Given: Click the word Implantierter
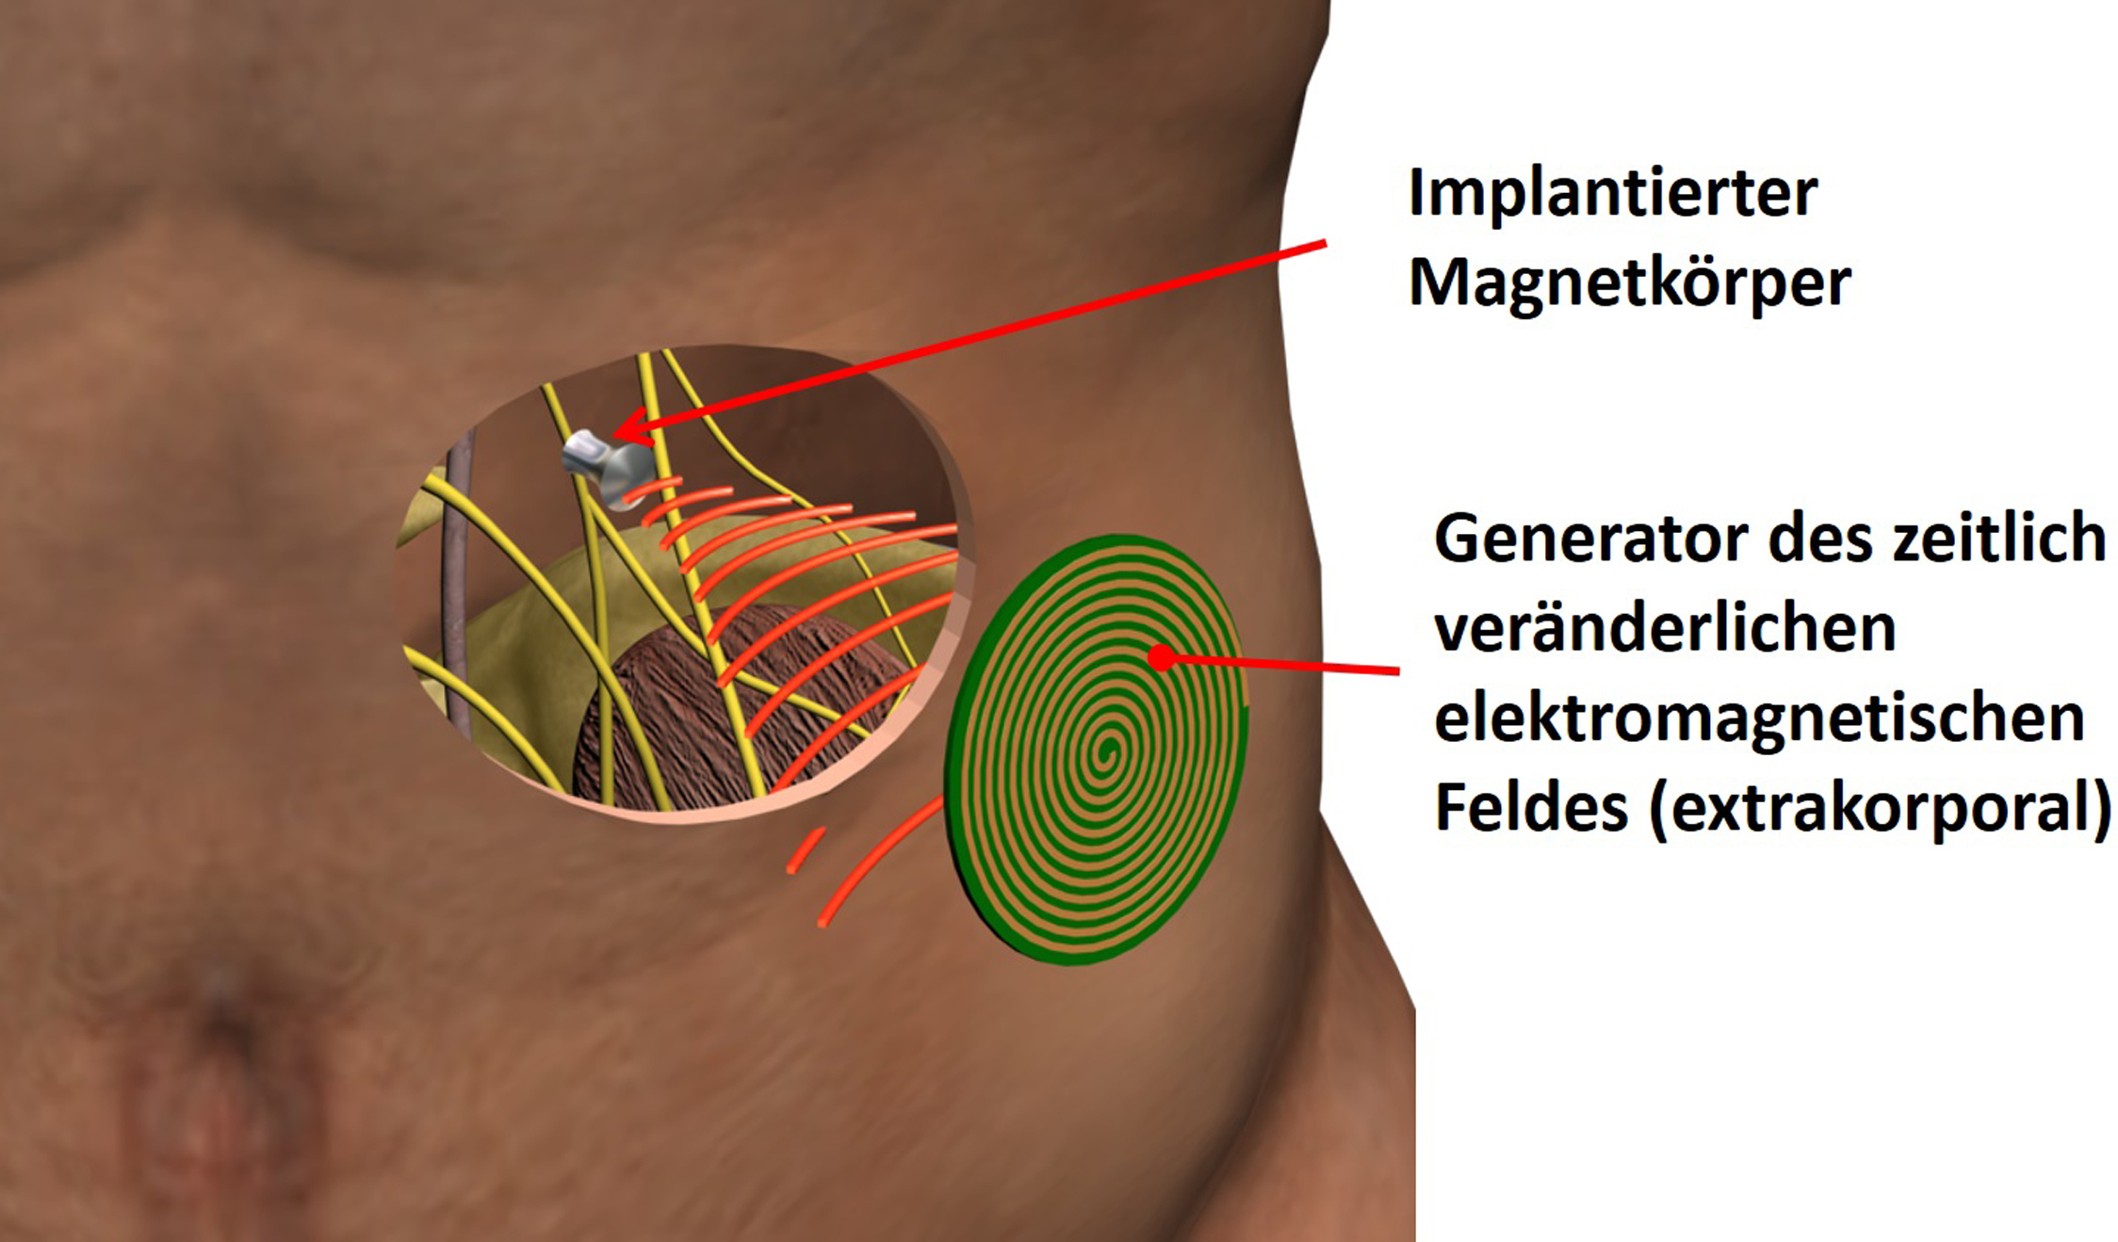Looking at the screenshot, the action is point(1612,195).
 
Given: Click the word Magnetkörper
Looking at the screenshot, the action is point(1629,283).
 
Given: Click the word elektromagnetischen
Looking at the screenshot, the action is point(1759,720).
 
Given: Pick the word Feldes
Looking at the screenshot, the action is point(1530,807).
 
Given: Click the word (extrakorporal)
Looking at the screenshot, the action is point(1881,809).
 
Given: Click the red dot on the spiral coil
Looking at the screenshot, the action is point(1162,657).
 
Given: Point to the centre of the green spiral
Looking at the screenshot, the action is point(1108,749).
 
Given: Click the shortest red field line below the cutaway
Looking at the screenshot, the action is point(806,850).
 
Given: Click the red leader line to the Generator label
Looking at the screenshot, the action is point(1281,665).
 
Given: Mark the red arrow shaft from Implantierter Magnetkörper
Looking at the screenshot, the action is point(970,336).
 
